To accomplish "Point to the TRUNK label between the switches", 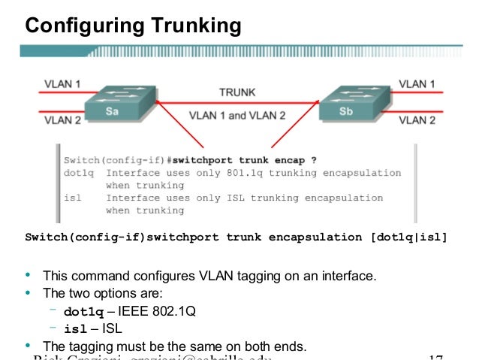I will (x=236, y=92).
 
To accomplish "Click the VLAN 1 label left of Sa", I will (x=62, y=84).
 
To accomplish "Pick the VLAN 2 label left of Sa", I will (x=62, y=119).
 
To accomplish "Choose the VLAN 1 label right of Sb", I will (x=417, y=84).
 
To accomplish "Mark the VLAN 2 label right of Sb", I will (x=417, y=119).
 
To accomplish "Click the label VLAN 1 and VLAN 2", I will (x=237, y=116).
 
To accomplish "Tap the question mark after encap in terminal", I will (x=313, y=160).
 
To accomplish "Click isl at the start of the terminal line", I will (x=72, y=198).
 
